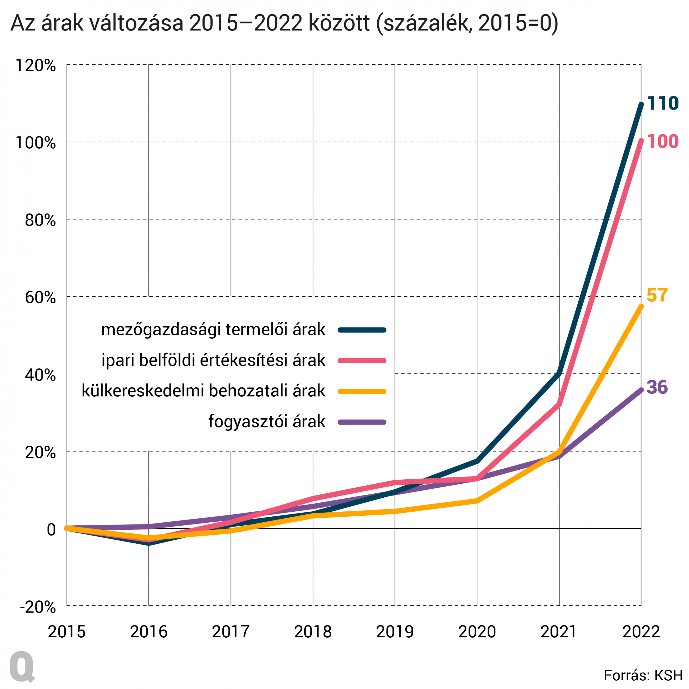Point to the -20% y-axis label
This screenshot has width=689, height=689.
38,607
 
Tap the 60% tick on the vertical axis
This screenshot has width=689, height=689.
40,297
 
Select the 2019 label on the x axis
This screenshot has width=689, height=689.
395,632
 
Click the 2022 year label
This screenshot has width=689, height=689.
641,632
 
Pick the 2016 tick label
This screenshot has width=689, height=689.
149,632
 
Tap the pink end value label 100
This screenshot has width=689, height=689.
662,142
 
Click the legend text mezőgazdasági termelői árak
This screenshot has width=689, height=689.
213,329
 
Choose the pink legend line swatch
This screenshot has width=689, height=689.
362,361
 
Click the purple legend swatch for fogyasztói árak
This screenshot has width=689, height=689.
362,422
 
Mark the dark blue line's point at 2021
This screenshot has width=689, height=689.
559,373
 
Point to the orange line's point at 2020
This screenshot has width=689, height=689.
477,501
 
